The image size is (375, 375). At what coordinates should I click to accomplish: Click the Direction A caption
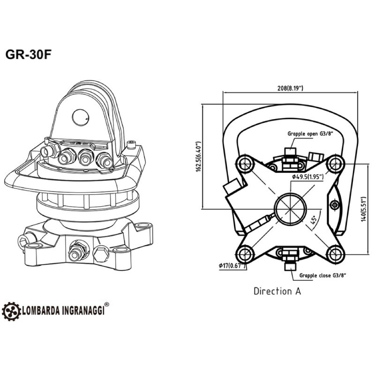click(277, 291)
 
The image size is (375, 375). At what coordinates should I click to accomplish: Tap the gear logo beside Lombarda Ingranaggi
click(11, 310)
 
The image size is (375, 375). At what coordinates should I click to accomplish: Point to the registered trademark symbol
click(107, 305)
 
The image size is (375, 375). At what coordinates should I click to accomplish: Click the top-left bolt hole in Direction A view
click(244, 164)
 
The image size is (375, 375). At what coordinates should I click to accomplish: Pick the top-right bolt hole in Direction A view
click(335, 164)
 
